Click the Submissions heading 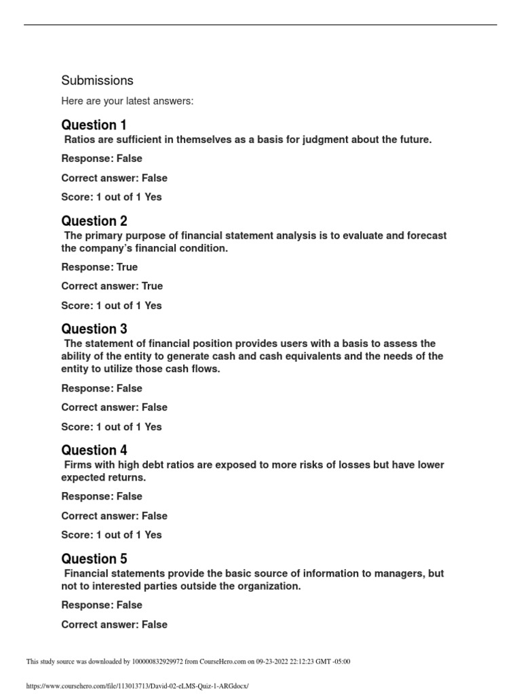click(x=97, y=80)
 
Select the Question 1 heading click(x=94, y=125)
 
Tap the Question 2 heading click(x=94, y=221)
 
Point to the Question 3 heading click(x=94, y=329)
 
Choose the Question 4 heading click(x=94, y=450)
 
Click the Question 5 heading click(x=94, y=558)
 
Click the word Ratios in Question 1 click(x=80, y=140)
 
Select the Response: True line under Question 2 click(x=99, y=267)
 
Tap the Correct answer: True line click(x=112, y=286)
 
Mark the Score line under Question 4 click(x=111, y=535)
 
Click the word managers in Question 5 click(x=400, y=573)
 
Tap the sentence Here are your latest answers click(x=127, y=101)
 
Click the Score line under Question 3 click(x=111, y=427)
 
